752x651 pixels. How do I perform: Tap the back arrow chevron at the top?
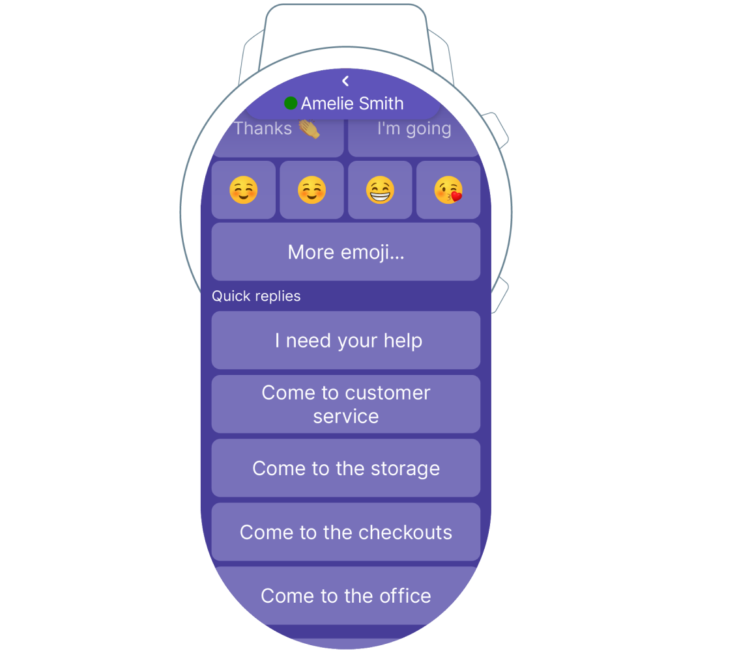click(x=345, y=81)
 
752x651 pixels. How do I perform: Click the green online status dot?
click(x=291, y=103)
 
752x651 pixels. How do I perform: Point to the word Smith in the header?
click(x=381, y=104)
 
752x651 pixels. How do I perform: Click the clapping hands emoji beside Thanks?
click(x=310, y=129)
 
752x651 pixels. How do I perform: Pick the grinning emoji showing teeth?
click(x=380, y=190)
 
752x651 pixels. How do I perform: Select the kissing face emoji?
click(x=448, y=190)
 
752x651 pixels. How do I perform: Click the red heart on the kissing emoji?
click(x=457, y=196)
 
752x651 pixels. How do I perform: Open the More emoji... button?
click(x=346, y=251)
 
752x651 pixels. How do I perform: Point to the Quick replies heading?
click(x=256, y=296)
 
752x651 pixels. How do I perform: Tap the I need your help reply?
click(x=346, y=340)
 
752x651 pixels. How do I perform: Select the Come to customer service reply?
click(x=346, y=404)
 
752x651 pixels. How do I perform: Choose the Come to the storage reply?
click(x=346, y=468)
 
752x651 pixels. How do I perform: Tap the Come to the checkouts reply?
click(x=346, y=532)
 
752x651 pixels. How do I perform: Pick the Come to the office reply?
click(x=346, y=596)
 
